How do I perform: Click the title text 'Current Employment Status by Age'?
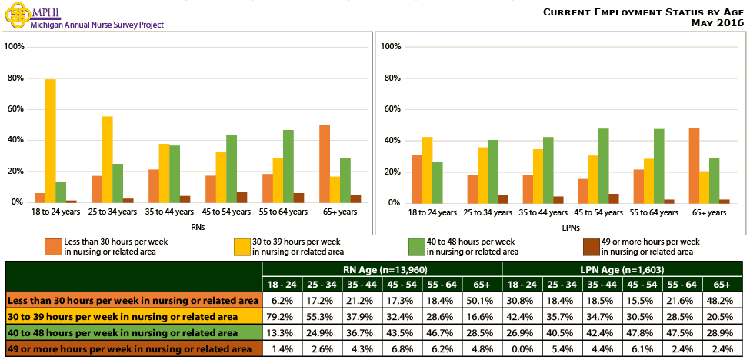643,12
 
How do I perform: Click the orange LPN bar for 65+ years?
695,165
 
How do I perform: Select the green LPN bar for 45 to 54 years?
604,165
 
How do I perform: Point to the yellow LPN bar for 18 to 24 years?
428,170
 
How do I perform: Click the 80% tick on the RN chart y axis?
15,78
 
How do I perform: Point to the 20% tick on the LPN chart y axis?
391,172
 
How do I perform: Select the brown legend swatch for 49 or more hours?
591,246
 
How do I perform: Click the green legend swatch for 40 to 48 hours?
416,246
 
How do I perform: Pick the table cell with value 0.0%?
522,349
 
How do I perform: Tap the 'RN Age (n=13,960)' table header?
382,269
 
